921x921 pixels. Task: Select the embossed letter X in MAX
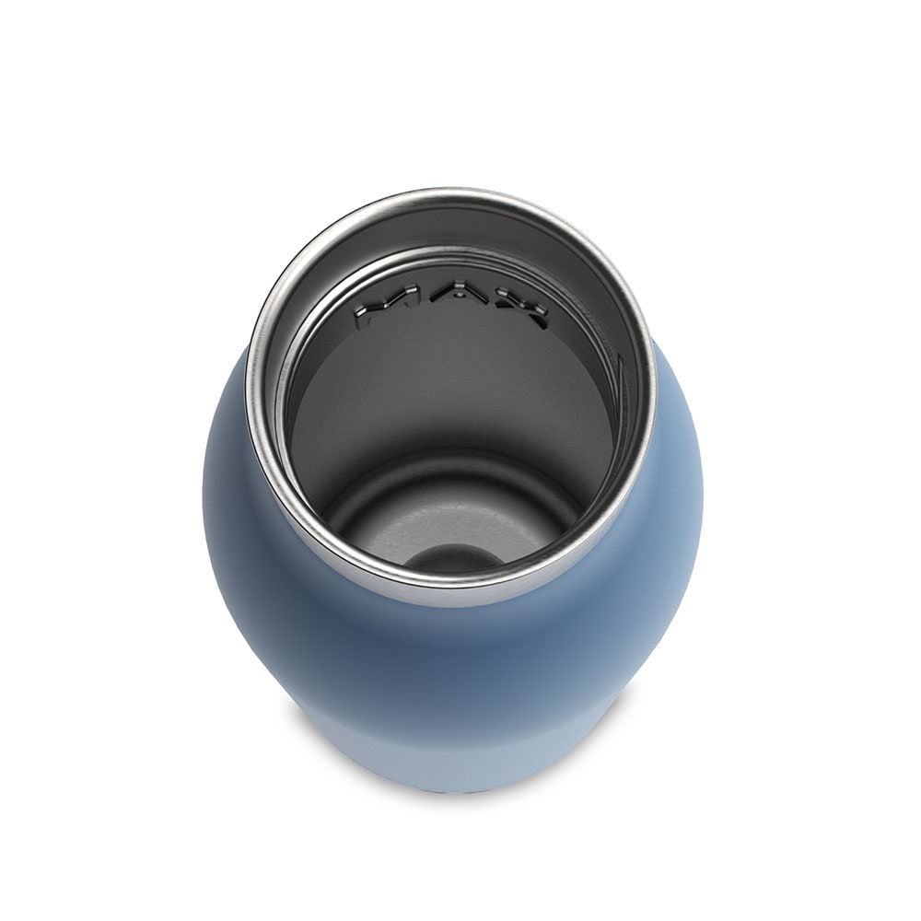(x=513, y=309)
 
